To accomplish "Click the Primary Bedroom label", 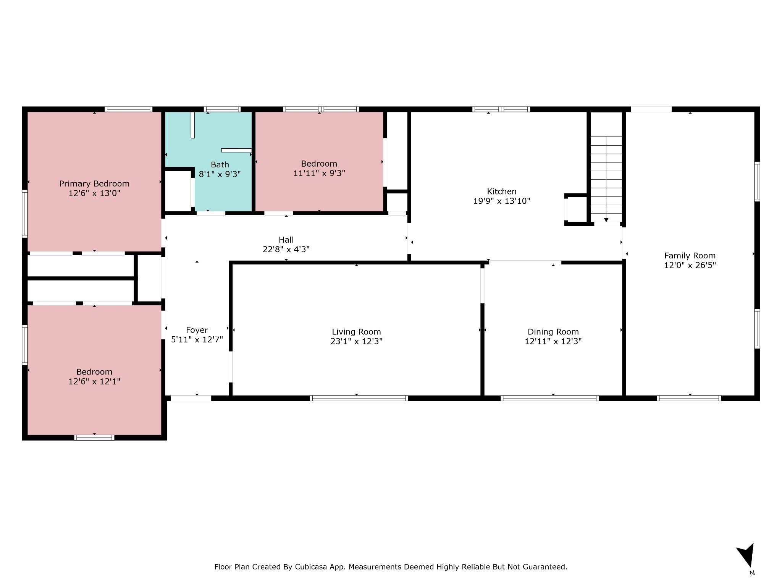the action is coord(94,184).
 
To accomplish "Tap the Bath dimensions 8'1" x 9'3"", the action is coord(220,174).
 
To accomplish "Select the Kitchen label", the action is coord(502,191).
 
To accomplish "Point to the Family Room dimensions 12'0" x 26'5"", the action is coord(690,265).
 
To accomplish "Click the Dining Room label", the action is coord(553,332).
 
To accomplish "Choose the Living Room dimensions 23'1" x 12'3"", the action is coord(357,341).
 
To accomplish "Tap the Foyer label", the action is coord(197,330).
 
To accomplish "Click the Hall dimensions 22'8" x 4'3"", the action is coord(286,250).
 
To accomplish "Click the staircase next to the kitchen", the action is coord(606,180).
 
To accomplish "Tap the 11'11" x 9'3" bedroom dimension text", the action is coord(319,174).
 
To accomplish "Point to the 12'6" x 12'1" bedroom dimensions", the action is coord(94,381).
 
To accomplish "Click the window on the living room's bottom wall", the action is coord(359,398).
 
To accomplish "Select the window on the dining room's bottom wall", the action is coord(549,398).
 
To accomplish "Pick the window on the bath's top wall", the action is coord(222,109).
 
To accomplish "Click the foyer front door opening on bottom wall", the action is coord(191,398).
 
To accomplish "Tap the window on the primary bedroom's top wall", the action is coord(129,109).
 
